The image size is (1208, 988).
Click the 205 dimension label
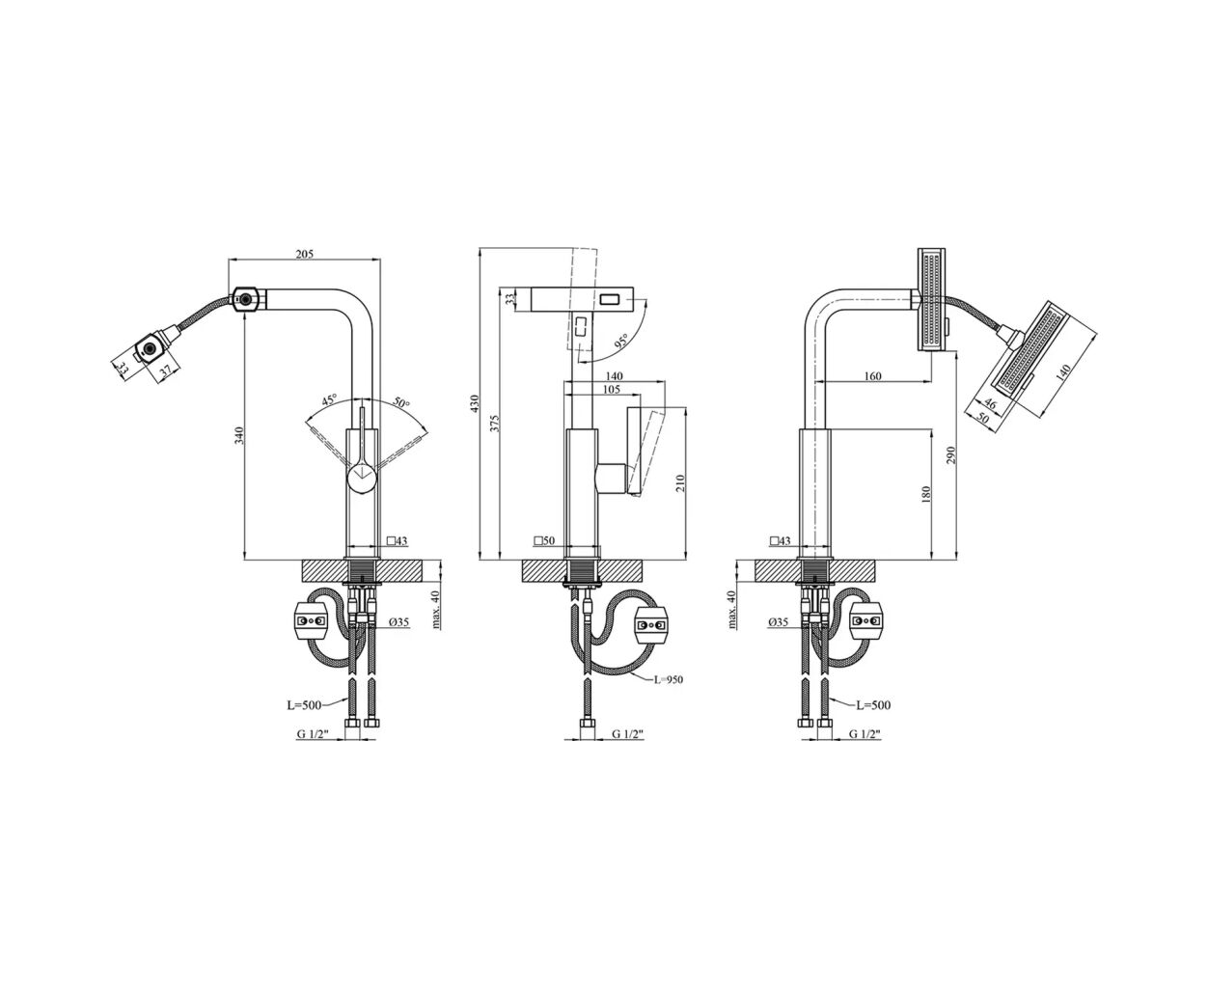click(x=304, y=254)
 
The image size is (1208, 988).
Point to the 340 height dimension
click(x=240, y=435)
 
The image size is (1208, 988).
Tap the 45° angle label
click(x=329, y=399)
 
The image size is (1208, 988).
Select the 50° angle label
click(x=401, y=402)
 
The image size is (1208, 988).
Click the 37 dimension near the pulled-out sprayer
click(x=166, y=371)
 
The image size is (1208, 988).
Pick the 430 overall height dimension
click(x=474, y=404)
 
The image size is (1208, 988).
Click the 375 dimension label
click(x=496, y=423)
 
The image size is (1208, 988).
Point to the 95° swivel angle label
click(x=620, y=341)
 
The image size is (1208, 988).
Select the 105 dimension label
click(x=612, y=390)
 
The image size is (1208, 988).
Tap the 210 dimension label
click(x=680, y=482)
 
